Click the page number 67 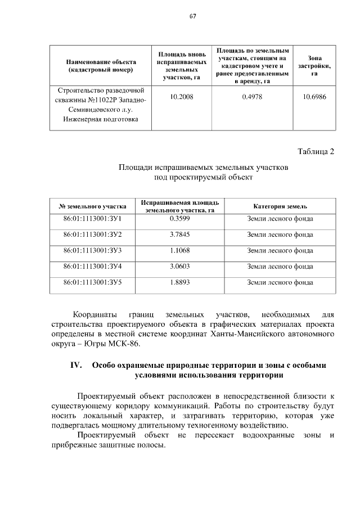click(x=192, y=16)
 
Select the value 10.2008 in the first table click(x=181, y=97)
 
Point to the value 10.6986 click(x=314, y=97)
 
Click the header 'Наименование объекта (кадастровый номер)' click(x=100, y=66)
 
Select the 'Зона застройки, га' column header click(x=314, y=66)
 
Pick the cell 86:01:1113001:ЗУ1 click(x=93, y=218)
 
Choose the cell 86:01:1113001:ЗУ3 click(x=93, y=250)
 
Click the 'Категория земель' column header click(x=280, y=206)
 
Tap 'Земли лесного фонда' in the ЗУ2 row click(x=280, y=234)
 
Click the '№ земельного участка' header click(x=93, y=206)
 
